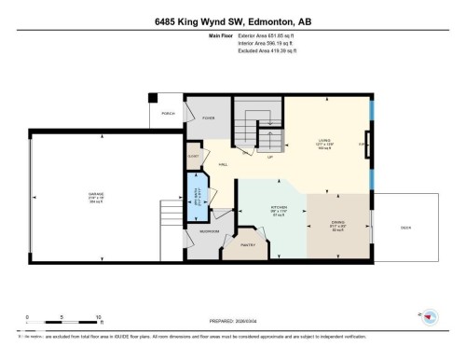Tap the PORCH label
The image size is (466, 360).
coord(168,113)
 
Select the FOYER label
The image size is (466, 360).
coord(209,118)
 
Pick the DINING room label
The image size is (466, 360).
coord(339,221)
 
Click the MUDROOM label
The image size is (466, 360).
coord(210,231)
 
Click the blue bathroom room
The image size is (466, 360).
coord(199,200)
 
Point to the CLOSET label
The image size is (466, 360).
coord(194,157)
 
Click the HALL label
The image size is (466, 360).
coord(224,165)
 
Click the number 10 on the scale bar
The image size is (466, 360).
coord(98,316)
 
